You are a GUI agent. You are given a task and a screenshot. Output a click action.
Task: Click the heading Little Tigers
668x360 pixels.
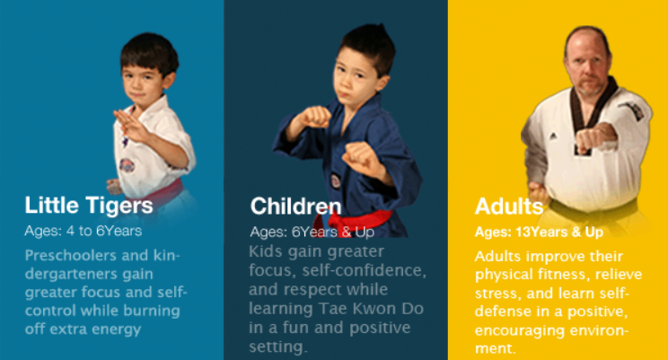click(89, 206)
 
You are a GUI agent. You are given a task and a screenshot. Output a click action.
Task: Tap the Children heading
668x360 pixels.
click(296, 206)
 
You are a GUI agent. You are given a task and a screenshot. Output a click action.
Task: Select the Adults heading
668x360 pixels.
click(509, 206)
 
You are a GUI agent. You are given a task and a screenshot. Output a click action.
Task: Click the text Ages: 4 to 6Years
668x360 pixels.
click(83, 231)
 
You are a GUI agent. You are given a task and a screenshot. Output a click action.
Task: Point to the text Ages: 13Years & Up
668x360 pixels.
click(539, 233)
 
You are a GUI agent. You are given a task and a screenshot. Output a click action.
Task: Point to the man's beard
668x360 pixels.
click(590, 87)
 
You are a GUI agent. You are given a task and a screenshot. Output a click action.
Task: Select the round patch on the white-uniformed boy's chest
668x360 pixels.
click(127, 165)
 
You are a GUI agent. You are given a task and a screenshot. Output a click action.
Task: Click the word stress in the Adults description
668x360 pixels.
click(497, 294)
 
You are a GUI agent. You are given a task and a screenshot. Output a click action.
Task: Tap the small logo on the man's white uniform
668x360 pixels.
click(553, 136)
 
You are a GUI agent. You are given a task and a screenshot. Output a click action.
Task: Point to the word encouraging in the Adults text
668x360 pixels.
click(520, 331)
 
